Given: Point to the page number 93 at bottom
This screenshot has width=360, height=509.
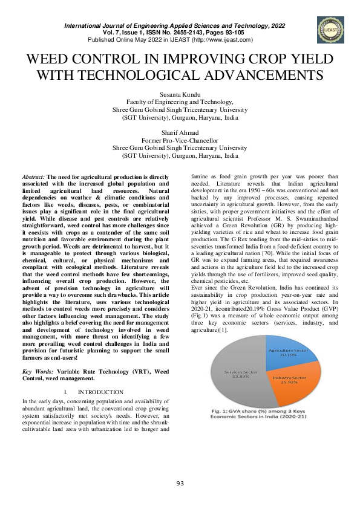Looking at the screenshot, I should pos(180,482).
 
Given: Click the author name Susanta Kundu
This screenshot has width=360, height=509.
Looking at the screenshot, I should pos(180,96).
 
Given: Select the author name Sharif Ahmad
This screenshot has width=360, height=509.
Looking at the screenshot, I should pos(180,132).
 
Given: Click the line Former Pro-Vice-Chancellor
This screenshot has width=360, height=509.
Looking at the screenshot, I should pos(180,140).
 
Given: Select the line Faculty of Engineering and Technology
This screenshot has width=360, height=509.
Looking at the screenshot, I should pos(180,103).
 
